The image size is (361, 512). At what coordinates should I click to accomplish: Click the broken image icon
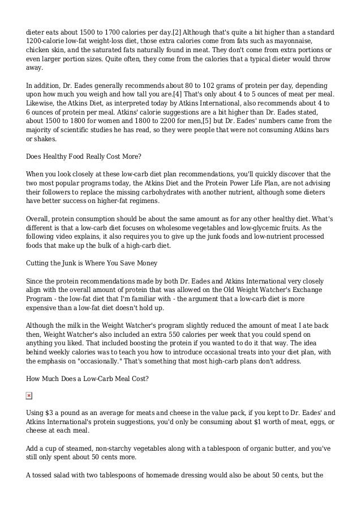coord(29,395)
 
